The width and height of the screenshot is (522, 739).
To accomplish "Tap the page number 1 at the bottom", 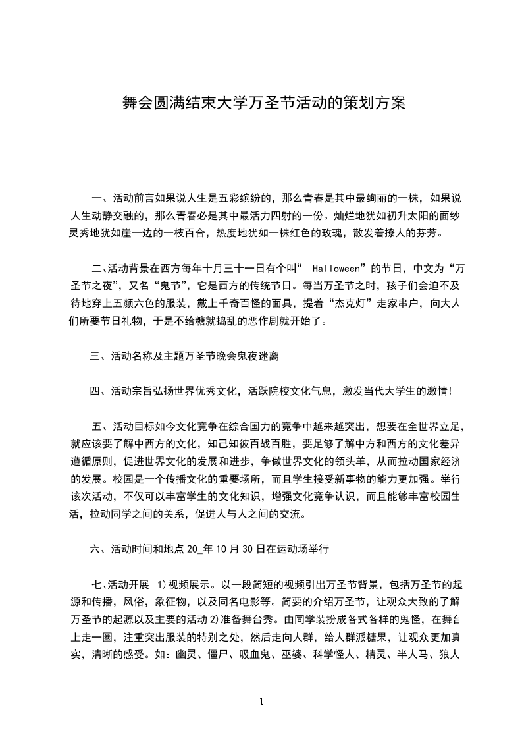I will (x=261, y=701).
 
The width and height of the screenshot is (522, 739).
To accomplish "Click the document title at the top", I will (x=261, y=103).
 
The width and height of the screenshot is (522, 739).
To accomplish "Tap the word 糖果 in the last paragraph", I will (x=371, y=638).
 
